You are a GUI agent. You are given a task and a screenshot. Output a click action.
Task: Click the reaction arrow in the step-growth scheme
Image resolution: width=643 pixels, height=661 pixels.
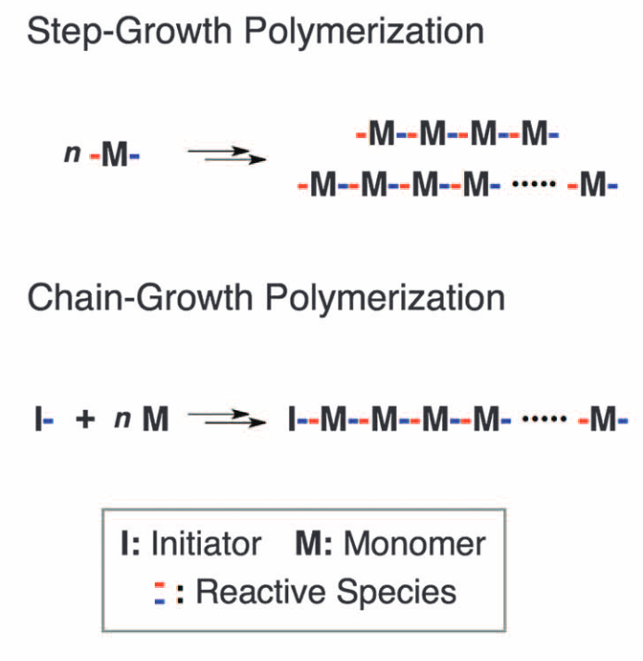pyautogui.click(x=226, y=156)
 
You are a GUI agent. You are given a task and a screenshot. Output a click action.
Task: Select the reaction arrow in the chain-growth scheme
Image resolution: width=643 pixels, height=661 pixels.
pyautogui.click(x=226, y=421)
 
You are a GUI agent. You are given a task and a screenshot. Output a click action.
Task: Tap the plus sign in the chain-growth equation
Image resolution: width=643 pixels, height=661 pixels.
pyautogui.click(x=86, y=421)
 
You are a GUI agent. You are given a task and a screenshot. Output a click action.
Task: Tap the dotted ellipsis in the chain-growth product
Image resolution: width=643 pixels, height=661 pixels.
pyautogui.click(x=547, y=421)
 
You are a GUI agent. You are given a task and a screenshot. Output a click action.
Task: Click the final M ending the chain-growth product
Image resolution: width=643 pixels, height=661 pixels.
pyautogui.click(x=603, y=422)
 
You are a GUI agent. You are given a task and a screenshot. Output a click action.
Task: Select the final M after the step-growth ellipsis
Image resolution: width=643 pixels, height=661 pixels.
pyautogui.click(x=594, y=186)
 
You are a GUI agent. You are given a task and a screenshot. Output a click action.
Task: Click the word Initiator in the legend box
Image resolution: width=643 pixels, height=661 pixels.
pyautogui.click(x=206, y=543)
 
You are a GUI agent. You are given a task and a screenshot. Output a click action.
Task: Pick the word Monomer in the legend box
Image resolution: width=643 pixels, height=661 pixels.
pyautogui.click(x=415, y=543)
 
